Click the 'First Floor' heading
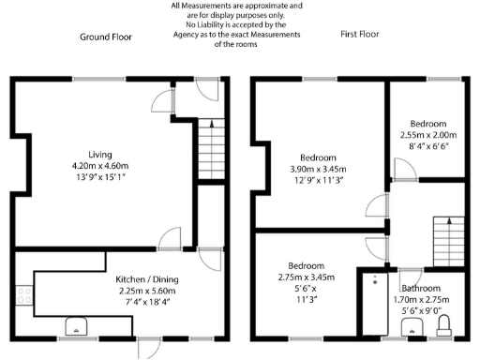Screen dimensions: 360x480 tap(360, 35)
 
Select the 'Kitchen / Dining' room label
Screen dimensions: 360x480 tap(148, 279)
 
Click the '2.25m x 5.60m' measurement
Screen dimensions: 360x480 tap(148, 291)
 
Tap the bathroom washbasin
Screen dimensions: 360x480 tap(411, 326)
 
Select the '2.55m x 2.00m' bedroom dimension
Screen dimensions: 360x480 tap(428, 134)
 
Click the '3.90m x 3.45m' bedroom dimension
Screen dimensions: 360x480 tap(318, 168)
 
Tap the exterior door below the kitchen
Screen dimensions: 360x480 tap(147, 348)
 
